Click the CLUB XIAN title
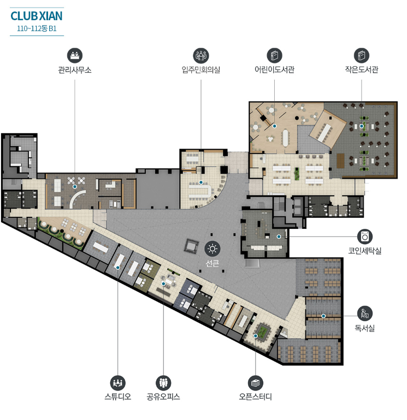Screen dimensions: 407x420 click(37, 16)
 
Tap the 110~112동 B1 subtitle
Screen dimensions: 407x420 click(37, 28)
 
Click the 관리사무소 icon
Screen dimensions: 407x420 click(75, 56)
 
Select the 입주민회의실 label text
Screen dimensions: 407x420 click(201, 70)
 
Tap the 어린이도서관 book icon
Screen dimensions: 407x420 click(274, 56)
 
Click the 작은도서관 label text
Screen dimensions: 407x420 click(362, 70)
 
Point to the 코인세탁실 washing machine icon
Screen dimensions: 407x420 click(365, 237)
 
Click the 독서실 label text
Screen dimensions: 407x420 click(365, 328)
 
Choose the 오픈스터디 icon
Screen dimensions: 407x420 click(255, 383)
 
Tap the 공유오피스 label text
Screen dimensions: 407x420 click(163, 397)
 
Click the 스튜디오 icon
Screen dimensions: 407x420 click(117, 383)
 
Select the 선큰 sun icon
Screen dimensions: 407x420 click(213, 249)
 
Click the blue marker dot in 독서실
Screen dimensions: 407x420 click(323, 316)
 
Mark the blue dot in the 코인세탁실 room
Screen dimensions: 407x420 click(279, 236)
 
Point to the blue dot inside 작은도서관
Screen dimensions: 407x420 click(362, 126)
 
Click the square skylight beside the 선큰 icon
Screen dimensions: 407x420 click(191, 246)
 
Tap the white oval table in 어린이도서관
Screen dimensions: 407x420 click(286, 138)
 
